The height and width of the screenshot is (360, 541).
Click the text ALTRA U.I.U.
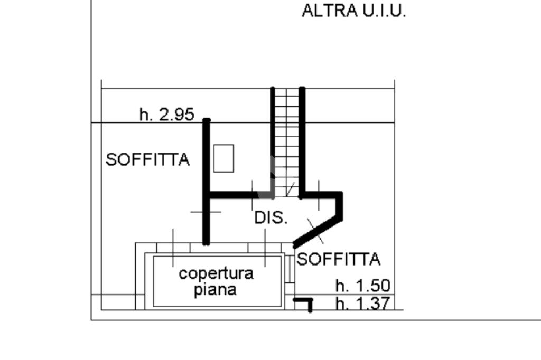pos(353,11)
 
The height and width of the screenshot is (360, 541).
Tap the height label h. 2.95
pos(167,114)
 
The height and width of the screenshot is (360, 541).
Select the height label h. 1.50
pos(363,286)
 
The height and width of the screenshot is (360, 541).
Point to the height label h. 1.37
pos(363,304)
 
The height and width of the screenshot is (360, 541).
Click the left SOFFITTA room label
pos(147,159)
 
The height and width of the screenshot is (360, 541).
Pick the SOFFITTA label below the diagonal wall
pos(338,259)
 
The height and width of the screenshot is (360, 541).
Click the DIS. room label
pos(271,217)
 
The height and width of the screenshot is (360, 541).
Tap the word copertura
pos(216,273)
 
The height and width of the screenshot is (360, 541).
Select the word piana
pos(215,290)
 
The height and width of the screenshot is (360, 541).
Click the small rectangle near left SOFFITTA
pos(223,158)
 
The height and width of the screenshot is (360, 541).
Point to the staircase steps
pos(287,143)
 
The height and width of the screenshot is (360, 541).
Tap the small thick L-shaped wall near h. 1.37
pos(305,302)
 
